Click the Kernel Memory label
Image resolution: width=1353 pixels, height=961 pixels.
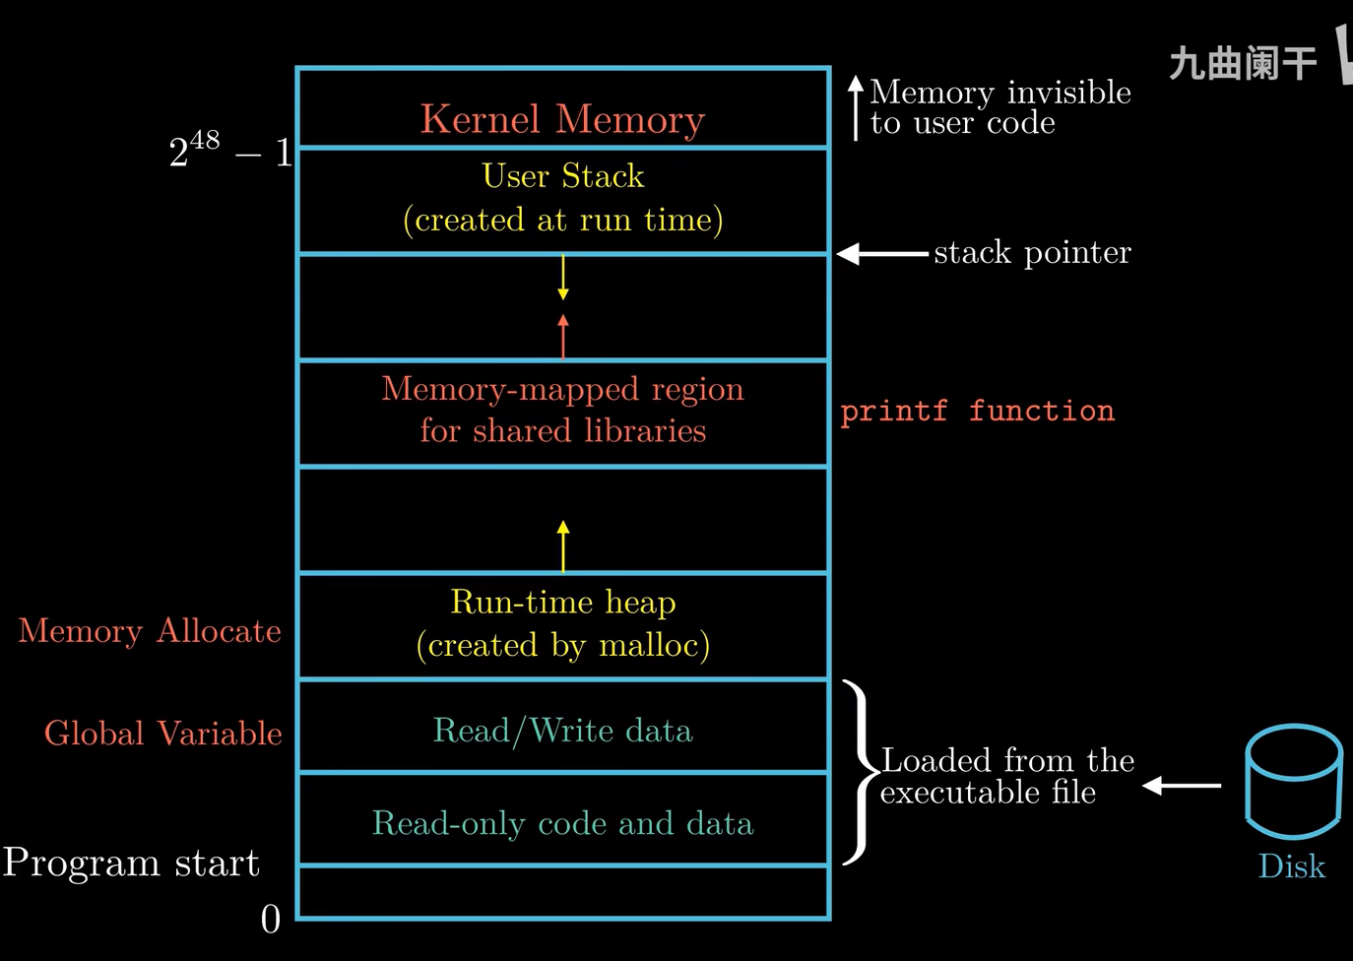click(x=562, y=119)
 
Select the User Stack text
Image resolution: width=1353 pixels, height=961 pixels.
click(x=562, y=176)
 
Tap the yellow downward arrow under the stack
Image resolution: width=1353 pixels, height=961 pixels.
click(x=563, y=277)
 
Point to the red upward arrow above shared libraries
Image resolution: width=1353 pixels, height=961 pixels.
click(x=563, y=336)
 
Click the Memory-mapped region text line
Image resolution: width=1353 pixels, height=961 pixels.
click(x=562, y=389)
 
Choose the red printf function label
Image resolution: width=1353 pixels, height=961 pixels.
click(x=977, y=411)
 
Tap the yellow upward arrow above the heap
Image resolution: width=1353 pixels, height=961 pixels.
click(x=563, y=545)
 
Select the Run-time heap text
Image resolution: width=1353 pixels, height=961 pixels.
click(x=562, y=602)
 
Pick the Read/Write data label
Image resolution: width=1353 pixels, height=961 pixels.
click(x=562, y=731)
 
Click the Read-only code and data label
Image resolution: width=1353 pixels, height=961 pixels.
click(x=562, y=823)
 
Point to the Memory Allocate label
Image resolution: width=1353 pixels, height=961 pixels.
click(x=150, y=631)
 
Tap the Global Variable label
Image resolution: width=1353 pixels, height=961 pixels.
click(x=163, y=734)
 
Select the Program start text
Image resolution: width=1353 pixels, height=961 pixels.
click(x=131, y=863)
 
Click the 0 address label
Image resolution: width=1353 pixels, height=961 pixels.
click(x=271, y=920)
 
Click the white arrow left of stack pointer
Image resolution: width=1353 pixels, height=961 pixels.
click(x=881, y=254)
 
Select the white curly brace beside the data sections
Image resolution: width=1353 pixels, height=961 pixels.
click(x=859, y=773)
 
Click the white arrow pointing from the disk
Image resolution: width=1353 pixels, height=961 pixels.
click(x=1182, y=786)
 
